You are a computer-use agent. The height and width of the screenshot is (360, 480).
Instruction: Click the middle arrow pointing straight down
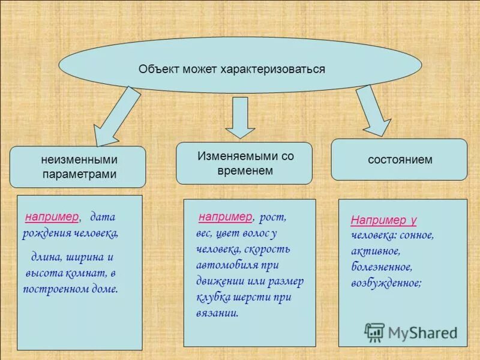[x=240, y=116]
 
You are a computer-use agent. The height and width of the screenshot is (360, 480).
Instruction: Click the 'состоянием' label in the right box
[x=400, y=160]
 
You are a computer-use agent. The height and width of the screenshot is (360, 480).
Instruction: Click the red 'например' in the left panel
[x=52, y=217]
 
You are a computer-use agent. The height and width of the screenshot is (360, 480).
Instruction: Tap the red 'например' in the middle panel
[x=226, y=217]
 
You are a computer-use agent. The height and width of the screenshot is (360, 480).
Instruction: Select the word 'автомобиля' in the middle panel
[x=227, y=265]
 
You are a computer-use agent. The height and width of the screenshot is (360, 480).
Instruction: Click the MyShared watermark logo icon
[x=375, y=332]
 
